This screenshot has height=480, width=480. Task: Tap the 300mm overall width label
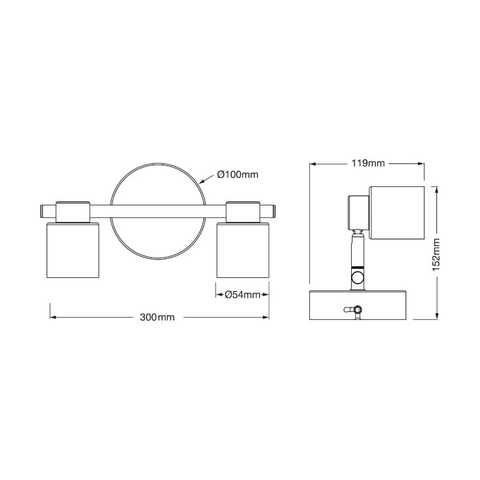tap(158, 317)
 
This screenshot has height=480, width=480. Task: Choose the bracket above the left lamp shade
tap(73, 211)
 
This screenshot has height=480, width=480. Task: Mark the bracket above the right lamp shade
tap(243, 211)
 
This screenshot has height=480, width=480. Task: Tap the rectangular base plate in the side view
tap(358, 305)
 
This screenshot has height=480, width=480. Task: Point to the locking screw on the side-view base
tap(356, 310)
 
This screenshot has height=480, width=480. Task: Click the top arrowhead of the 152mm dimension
tap(436, 188)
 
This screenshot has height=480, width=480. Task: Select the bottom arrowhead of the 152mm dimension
tap(436, 317)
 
